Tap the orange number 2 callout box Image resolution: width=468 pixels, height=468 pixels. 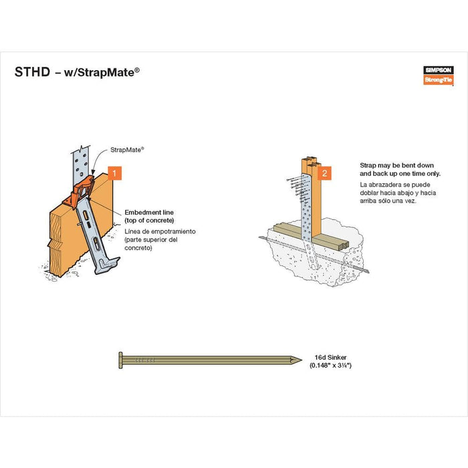pyautogui.click(x=325, y=174)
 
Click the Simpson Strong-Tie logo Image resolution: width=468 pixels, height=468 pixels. pyautogui.click(x=439, y=74)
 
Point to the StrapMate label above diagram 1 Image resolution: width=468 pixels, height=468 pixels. pyautogui.click(x=128, y=150)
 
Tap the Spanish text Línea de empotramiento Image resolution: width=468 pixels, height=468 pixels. pyautogui.click(x=160, y=231)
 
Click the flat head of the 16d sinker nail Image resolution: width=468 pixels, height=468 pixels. pyautogui.click(x=120, y=360)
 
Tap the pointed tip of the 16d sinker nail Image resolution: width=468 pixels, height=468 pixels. pyautogui.click(x=298, y=360)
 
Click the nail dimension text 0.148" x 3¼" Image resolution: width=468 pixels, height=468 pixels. pyautogui.click(x=330, y=366)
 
